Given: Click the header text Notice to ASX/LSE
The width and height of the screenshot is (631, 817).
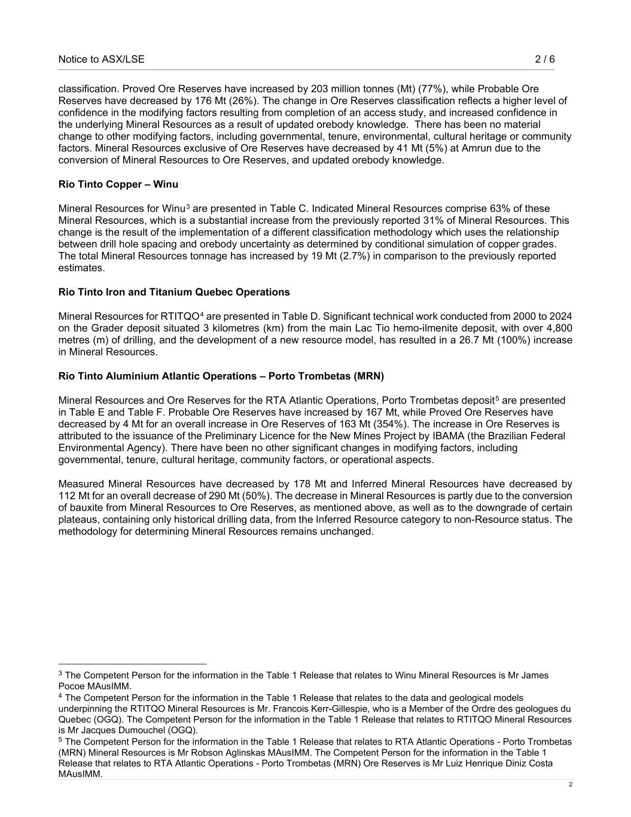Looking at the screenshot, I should pyautogui.click(x=101, y=59).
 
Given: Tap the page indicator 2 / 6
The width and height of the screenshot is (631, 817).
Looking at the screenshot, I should pyautogui.click(x=544, y=59).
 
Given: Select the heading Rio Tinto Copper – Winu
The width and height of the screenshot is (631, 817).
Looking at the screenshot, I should pyautogui.click(x=118, y=184).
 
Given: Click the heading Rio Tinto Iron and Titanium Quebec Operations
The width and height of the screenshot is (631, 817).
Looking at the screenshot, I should pyautogui.click(x=174, y=292).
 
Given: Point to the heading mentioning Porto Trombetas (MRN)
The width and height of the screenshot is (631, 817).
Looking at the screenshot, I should pyautogui.click(x=221, y=376).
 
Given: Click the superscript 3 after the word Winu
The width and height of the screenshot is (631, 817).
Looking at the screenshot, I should pyautogui.click(x=188, y=206).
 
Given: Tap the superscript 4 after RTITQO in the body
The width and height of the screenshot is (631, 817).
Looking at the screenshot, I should pyautogui.click(x=202, y=314).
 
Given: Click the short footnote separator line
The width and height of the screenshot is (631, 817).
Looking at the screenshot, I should pyautogui.click(x=132, y=664).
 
